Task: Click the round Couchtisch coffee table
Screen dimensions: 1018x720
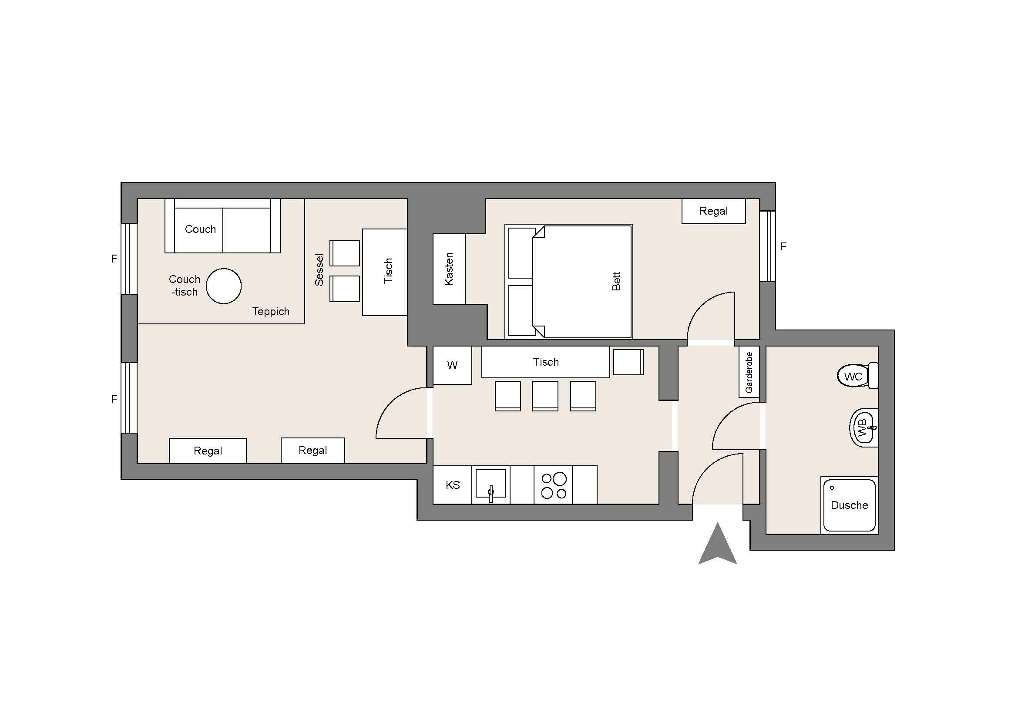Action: point(224,286)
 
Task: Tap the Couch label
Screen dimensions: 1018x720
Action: point(200,229)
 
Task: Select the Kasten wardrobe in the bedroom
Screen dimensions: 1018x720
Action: point(449,269)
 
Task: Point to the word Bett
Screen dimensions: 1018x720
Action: point(616,282)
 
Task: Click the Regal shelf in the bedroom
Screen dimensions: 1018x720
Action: point(713,211)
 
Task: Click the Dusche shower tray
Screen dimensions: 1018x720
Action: point(850,505)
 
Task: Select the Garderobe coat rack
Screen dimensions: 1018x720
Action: point(749,372)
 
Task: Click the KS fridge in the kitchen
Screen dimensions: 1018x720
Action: point(452,484)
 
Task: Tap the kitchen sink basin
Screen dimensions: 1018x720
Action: point(491,483)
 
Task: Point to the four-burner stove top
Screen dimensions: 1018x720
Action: point(553,484)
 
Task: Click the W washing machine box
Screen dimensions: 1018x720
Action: point(452,365)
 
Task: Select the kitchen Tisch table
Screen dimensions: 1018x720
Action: point(546,362)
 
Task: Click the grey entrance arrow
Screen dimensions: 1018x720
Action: point(717,544)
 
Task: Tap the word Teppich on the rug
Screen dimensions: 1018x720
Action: point(271,312)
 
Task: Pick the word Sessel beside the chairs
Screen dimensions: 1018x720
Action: point(319,270)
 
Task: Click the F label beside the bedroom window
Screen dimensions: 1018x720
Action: point(783,246)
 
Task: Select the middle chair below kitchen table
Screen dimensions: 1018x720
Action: point(545,396)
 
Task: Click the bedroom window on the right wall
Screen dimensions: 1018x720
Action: point(768,246)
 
